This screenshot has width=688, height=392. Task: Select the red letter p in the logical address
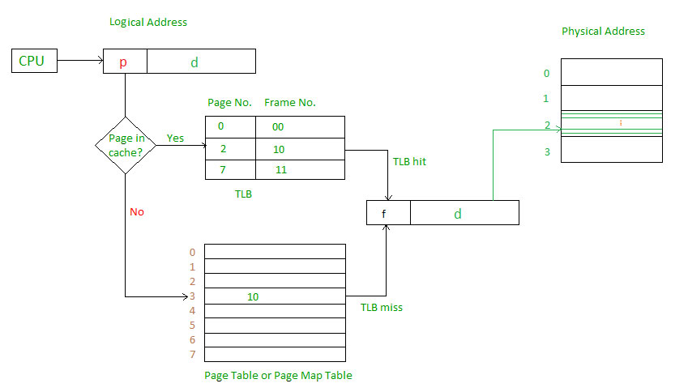(x=123, y=62)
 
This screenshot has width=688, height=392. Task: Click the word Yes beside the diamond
(x=175, y=138)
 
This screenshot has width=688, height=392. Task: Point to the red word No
(x=136, y=212)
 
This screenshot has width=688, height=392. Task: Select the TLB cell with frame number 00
(x=300, y=127)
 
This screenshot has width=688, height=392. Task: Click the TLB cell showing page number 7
(x=230, y=170)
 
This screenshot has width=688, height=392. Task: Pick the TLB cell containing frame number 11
(x=300, y=170)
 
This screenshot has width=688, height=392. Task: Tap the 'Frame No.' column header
(x=289, y=103)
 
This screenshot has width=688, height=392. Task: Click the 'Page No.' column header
(x=229, y=103)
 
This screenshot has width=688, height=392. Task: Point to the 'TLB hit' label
(x=409, y=161)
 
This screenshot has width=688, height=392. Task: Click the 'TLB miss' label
(x=382, y=308)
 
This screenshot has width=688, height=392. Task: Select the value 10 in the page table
(x=253, y=297)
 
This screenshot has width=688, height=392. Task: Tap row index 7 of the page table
(x=192, y=355)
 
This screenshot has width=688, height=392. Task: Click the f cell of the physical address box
(x=388, y=213)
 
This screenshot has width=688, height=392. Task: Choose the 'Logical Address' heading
(x=148, y=22)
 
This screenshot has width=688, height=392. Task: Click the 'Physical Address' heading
(x=603, y=31)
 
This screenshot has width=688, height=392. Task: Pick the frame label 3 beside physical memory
(x=547, y=151)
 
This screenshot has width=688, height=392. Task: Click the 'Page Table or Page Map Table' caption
(x=278, y=375)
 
